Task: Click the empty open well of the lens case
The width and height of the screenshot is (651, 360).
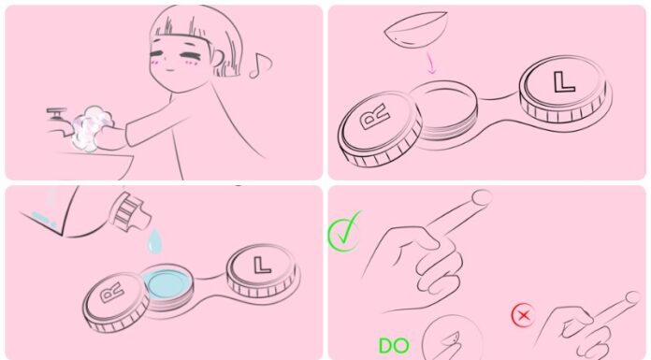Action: pos(451,103)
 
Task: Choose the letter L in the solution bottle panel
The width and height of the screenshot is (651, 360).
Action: pos(262,263)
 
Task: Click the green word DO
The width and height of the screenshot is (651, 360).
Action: pos(393,346)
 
